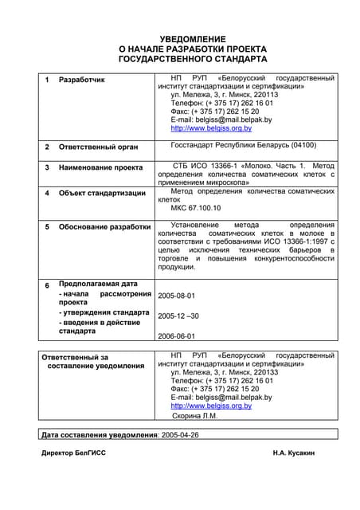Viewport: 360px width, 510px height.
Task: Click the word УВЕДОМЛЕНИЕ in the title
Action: [193, 39]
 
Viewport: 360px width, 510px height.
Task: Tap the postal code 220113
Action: [261, 95]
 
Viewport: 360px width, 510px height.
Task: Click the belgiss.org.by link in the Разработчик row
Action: [211, 128]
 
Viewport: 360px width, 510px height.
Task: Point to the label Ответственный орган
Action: [98, 147]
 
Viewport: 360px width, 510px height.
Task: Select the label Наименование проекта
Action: [101, 167]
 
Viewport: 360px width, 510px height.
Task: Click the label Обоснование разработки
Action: [104, 227]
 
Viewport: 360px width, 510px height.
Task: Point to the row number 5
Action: [47, 227]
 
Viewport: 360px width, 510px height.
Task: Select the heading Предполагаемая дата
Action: [98, 284]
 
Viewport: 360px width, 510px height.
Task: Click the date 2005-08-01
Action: [176, 296]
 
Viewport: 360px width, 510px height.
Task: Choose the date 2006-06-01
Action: [176, 336]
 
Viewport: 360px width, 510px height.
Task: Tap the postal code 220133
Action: [261, 372]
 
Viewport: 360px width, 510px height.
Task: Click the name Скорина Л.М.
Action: [194, 415]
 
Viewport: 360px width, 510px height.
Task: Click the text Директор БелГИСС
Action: [73, 453]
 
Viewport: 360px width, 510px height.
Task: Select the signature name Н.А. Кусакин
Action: [293, 453]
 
